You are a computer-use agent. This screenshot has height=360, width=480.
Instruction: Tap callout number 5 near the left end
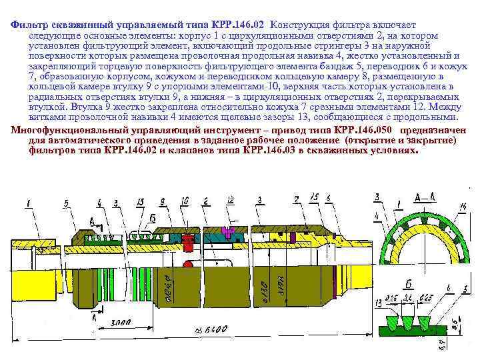click(67, 202)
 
